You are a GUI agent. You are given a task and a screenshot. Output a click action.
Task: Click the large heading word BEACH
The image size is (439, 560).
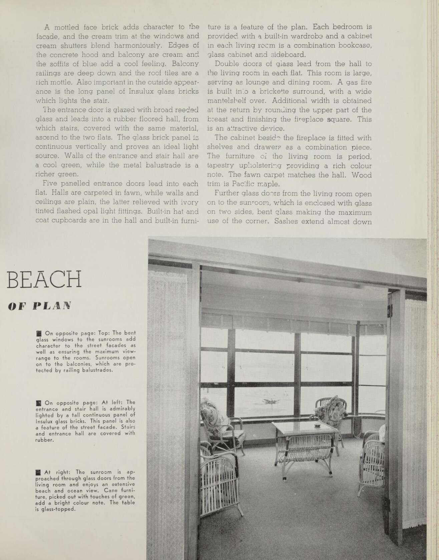[44, 279]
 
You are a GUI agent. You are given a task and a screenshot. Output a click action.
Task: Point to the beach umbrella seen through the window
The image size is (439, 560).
[271, 402]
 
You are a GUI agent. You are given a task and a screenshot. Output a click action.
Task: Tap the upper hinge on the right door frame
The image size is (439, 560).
[389, 310]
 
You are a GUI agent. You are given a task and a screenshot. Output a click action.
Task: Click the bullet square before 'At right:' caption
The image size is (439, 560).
[38, 472]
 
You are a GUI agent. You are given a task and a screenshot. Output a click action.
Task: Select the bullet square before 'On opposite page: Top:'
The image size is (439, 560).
[39, 333]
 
